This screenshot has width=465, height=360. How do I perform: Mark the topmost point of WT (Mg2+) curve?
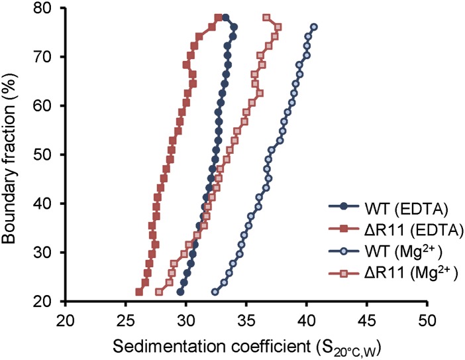[314, 27]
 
